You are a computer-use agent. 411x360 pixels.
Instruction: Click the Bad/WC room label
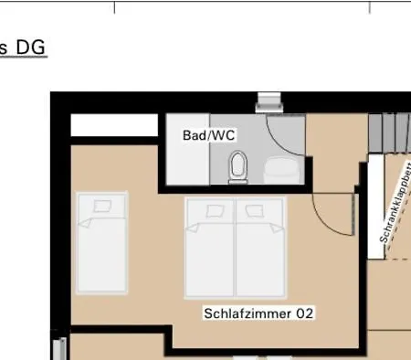click(209, 135)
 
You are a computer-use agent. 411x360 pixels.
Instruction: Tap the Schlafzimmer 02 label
click(258, 313)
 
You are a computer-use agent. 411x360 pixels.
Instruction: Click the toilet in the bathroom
click(239, 166)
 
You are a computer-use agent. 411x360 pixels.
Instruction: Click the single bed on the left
click(102, 242)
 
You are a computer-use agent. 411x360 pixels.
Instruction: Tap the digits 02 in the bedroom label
click(306, 313)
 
